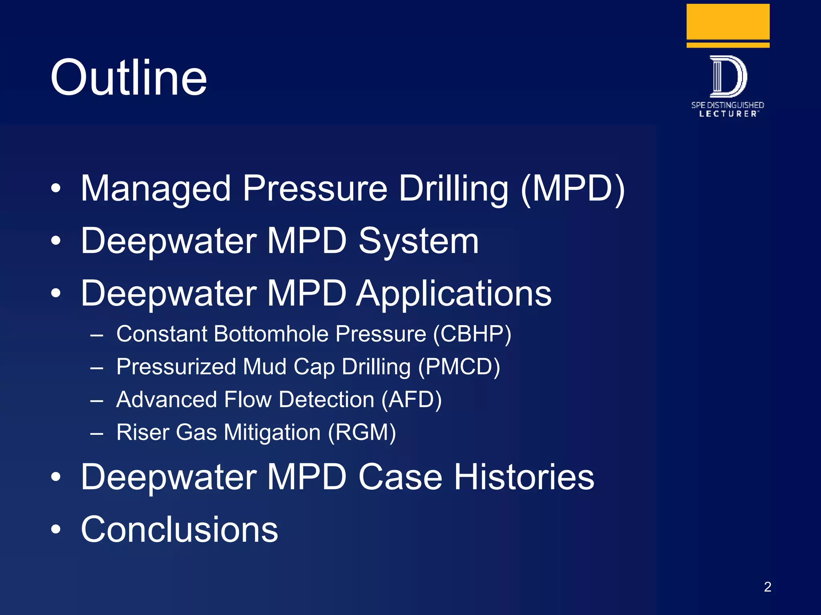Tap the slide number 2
(767, 587)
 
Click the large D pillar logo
(728, 76)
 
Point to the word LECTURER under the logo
(728, 114)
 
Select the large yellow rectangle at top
(728, 22)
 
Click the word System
(419, 241)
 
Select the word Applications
(454, 293)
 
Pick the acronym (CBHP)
(472, 334)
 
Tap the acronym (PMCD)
(459, 367)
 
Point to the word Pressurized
(176, 367)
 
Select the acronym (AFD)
(411, 400)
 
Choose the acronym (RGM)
(362, 432)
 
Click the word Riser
(143, 432)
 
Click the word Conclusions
(179, 529)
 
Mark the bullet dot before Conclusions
(56, 529)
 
